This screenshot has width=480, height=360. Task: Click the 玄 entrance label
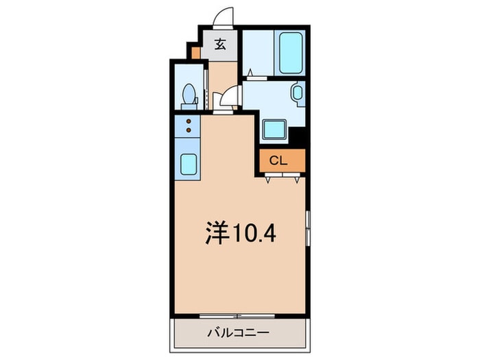click(x=220, y=45)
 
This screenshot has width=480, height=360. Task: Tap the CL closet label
click(x=277, y=161)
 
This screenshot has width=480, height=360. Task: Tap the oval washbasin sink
click(x=298, y=92)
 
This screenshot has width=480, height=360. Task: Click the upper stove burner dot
click(x=189, y=122)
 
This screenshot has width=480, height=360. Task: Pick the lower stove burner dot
click(x=189, y=130)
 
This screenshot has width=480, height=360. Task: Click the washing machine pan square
click(x=276, y=128)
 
